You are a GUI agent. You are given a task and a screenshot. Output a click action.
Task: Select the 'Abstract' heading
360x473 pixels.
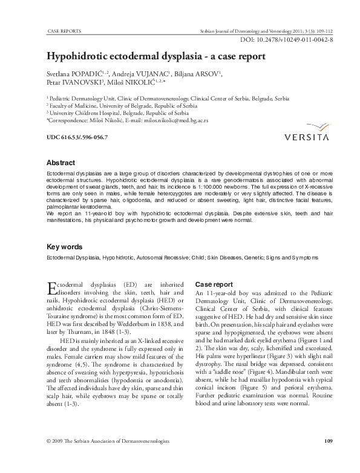coord(61,163)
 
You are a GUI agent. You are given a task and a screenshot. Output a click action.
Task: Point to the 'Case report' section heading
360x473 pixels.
coord(214,284)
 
